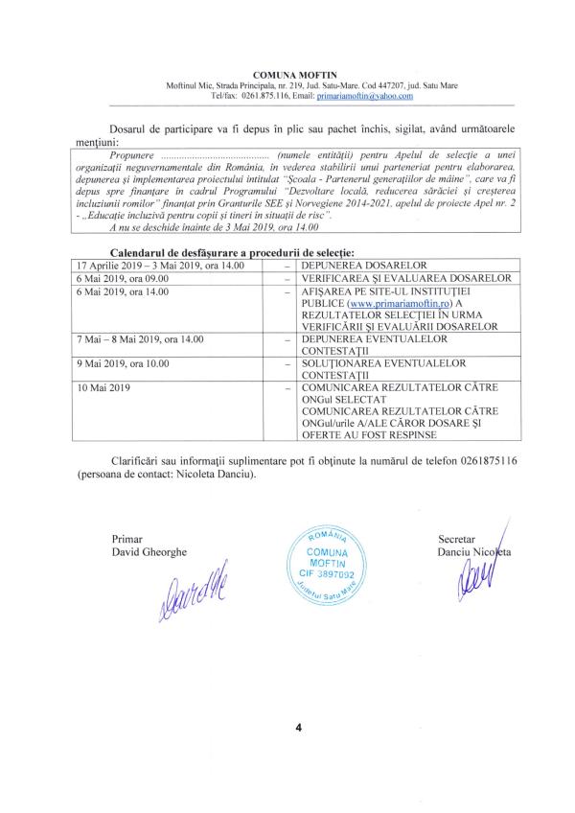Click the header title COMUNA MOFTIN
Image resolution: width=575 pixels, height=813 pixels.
coord(287,74)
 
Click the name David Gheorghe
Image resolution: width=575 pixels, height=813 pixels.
coord(149,552)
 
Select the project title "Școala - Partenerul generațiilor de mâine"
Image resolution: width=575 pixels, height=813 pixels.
coord(436,180)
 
